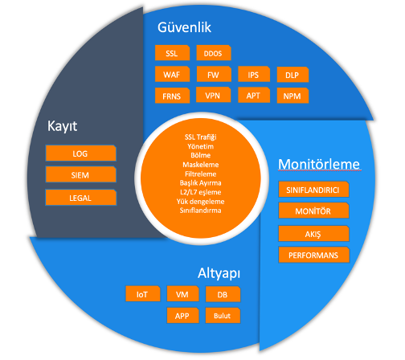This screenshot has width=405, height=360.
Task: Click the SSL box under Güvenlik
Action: coord(172,53)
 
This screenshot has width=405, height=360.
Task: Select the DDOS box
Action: coord(214,53)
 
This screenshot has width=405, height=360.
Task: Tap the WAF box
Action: coord(172,74)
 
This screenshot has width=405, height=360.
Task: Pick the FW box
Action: coord(214,74)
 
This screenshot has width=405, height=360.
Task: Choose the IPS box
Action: coord(254,74)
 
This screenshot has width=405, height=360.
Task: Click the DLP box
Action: coord(292,75)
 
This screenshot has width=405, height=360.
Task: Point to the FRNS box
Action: coord(172,96)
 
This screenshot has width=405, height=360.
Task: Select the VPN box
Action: coord(213,95)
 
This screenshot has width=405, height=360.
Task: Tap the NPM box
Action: coord(292,96)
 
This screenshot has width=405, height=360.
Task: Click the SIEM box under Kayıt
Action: coord(81,174)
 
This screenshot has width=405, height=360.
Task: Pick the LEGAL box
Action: coord(81,198)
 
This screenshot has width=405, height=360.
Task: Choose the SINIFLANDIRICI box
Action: coord(313,190)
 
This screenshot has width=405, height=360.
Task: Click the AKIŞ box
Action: coord(313,234)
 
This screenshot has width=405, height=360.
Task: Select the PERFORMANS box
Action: coord(314,255)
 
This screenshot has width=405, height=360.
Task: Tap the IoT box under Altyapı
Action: coord(143,294)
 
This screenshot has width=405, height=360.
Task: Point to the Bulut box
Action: coord(223,316)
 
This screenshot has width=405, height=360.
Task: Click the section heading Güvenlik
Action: coord(184,27)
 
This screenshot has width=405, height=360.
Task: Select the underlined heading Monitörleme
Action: coord(319,164)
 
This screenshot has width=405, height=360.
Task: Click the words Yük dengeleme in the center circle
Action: coord(201,201)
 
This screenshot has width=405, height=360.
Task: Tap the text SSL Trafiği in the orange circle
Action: coord(201,137)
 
